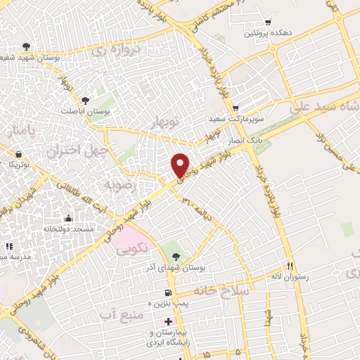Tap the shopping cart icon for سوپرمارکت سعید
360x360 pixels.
(236, 107)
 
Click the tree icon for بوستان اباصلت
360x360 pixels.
(85, 101)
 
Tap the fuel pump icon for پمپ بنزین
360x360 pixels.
(167, 292)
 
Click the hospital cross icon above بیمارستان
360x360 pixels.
(167, 321)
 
